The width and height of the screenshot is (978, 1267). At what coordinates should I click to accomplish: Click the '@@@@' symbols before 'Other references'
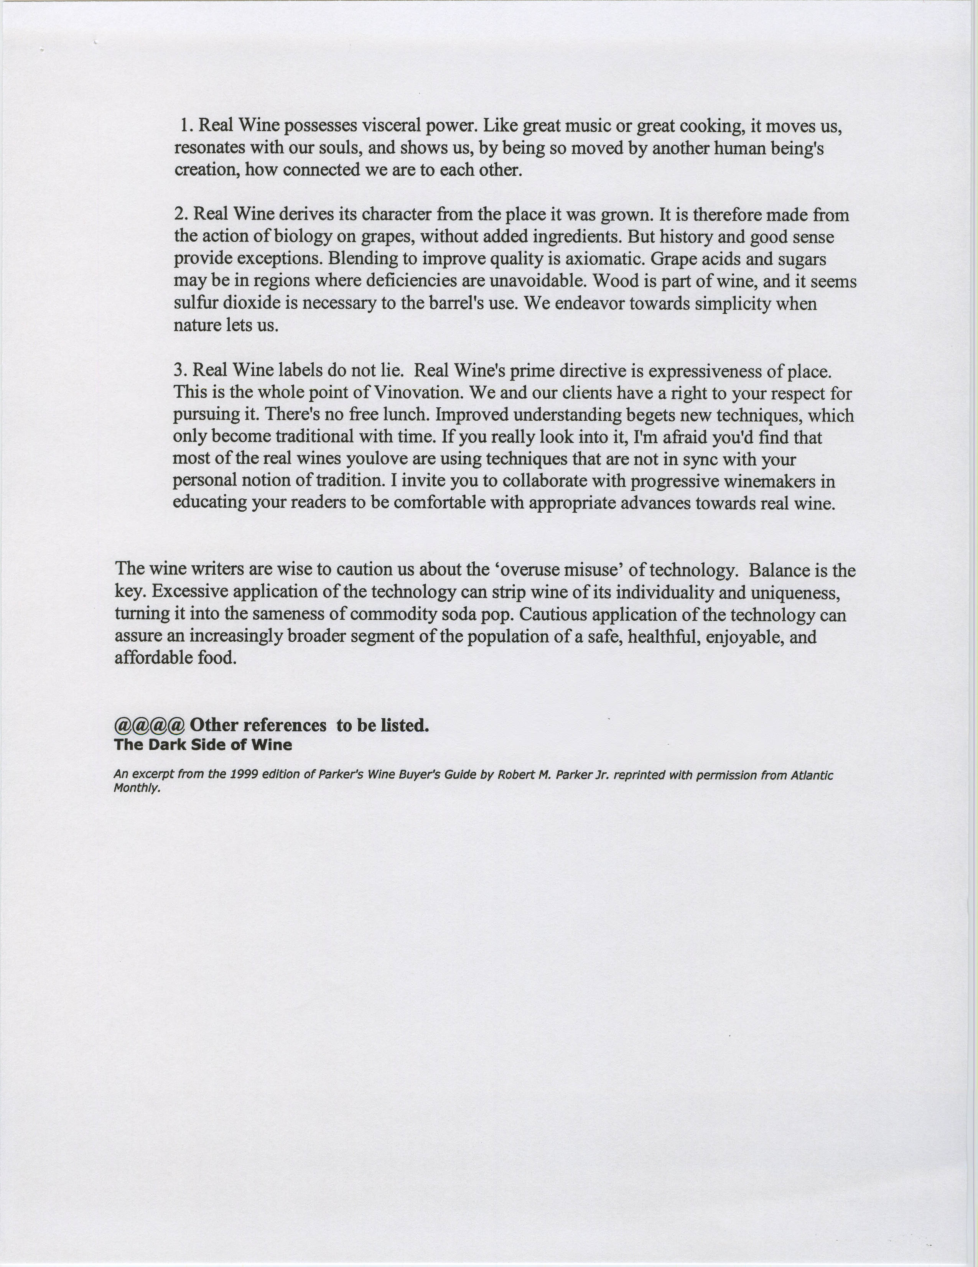point(150,725)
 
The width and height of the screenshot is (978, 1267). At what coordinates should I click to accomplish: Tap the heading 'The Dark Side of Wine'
point(203,745)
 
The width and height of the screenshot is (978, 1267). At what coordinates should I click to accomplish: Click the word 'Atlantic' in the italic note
point(812,775)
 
